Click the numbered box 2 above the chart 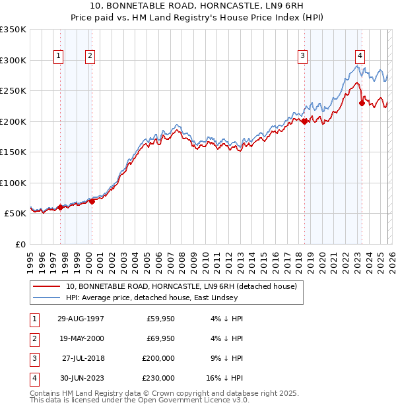click(x=89, y=56)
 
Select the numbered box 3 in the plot click(x=302, y=56)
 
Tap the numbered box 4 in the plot click(x=360, y=56)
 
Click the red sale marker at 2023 click(x=362, y=103)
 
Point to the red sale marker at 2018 click(x=304, y=121)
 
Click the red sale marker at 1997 click(x=60, y=207)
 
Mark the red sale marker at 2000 click(x=92, y=201)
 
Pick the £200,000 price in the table click(x=158, y=358)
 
